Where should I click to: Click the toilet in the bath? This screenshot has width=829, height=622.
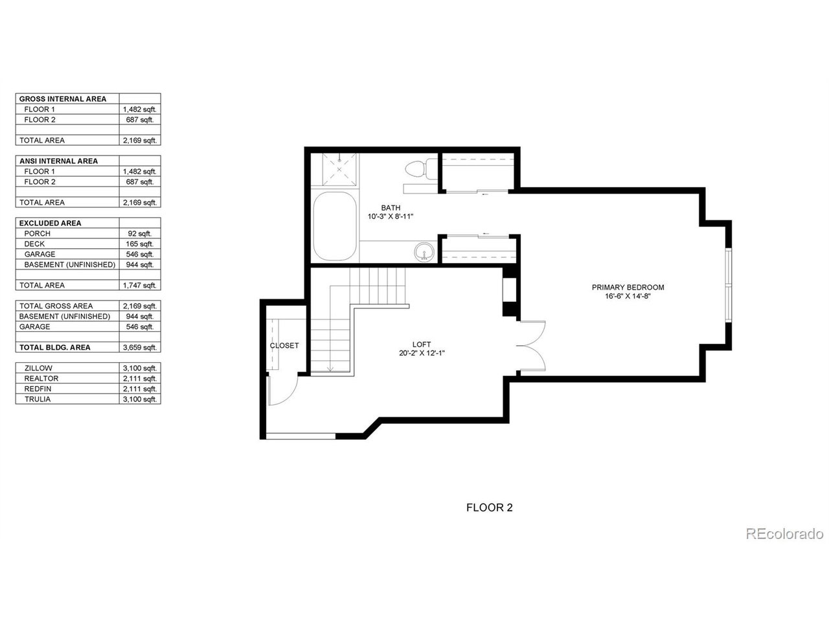pos(415,168)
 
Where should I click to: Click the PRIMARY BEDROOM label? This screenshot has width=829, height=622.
pos(628,288)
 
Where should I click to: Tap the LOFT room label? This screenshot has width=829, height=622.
pos(422,345)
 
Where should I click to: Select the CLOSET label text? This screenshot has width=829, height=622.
pos(284,346)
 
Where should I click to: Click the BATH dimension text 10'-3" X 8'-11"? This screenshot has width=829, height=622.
pos(391,216)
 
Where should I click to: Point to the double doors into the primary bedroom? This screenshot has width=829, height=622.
pos(532,346)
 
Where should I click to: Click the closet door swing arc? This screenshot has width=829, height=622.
pos(284,390)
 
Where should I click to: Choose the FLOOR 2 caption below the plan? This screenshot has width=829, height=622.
pos(489,508)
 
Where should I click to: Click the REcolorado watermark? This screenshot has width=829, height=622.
pos(784,534)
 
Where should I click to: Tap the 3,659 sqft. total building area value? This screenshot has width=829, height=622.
pos(140,348)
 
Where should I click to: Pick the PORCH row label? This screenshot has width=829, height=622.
pos(37,234)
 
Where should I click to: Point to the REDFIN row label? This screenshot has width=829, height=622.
pos(38,389)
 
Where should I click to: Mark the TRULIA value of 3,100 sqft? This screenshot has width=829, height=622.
pos(140,400)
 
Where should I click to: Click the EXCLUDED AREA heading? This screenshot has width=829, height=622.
pos(51,224)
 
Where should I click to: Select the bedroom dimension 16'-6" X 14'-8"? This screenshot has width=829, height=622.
pos(628,296)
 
